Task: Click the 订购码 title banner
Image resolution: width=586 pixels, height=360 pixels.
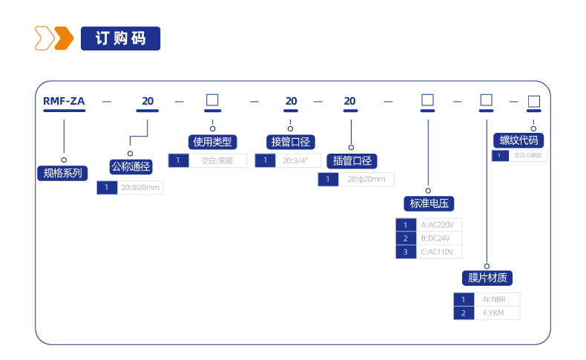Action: tap(120, 39)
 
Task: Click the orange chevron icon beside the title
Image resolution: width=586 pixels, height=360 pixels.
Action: tap(54, 38)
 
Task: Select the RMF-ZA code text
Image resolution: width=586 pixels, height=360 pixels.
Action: tap(64, 101)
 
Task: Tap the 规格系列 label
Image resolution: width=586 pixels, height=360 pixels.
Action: tap(62, 174)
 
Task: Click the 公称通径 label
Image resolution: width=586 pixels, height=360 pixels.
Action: tap(130, 166)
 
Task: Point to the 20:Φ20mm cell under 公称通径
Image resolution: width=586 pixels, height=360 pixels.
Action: tap(139, 188)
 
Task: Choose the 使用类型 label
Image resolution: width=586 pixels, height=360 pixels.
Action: tap(212, 141)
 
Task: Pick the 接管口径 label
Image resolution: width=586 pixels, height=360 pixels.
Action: tap(290, 141)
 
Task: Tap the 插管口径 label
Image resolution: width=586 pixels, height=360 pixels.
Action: tap(352, 160)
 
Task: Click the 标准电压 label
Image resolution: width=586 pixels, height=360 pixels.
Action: tap(428, 203)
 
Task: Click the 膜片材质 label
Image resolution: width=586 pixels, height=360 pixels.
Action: tap(487, 278)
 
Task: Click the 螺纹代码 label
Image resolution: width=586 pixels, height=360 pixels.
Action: tap(518, 140)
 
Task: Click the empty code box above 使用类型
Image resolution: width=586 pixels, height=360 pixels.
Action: tap(212, 100)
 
